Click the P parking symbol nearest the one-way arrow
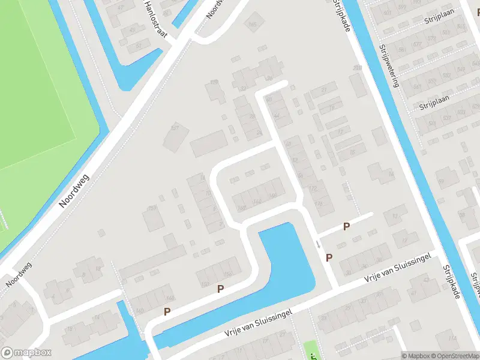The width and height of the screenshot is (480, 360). coord(329,257)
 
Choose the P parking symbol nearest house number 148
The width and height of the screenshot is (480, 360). coord(167,311)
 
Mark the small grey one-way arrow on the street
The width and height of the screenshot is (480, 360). coord(318,244)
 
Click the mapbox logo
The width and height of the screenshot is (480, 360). coord(26,353)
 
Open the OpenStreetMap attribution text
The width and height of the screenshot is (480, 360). coord(454,356)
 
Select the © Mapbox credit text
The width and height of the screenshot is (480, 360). coord(415,356)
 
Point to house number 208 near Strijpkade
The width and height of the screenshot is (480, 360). coord(358,69)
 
